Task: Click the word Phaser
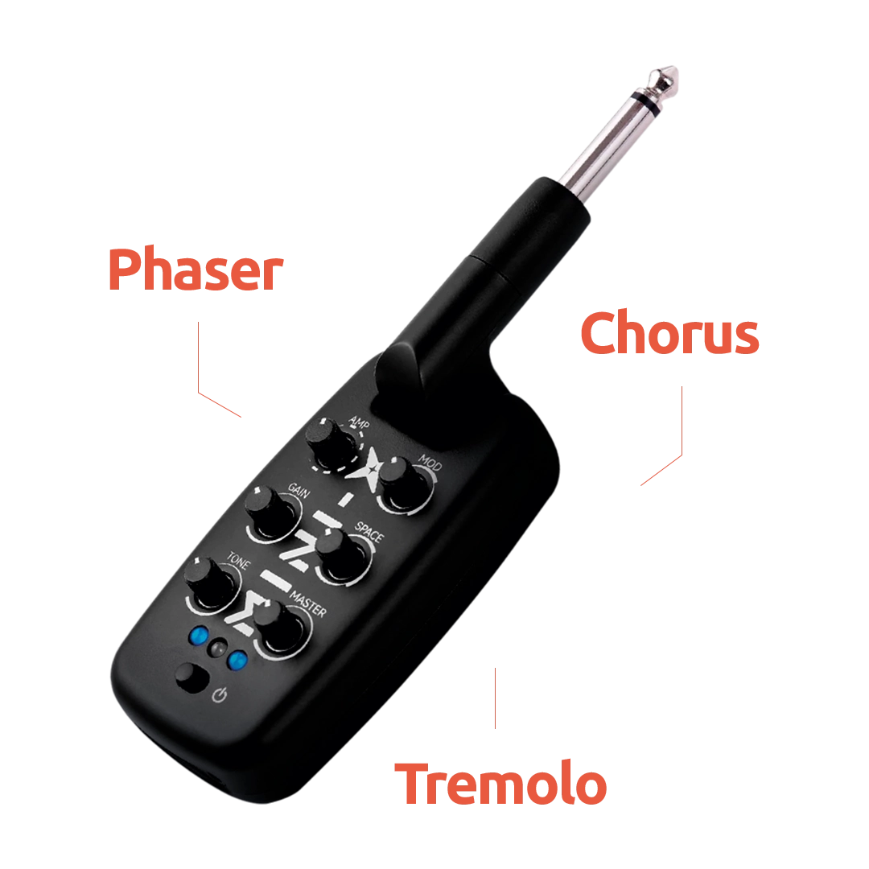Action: coord(196,270)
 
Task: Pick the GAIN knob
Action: coord(270,509)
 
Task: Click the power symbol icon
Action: coord(220,695)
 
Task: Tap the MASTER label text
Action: coord(308,604)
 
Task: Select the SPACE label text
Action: coord(369,532)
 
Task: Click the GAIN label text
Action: coord(299,490)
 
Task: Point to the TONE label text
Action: coord(238,560)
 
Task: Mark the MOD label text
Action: coord(430,461)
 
